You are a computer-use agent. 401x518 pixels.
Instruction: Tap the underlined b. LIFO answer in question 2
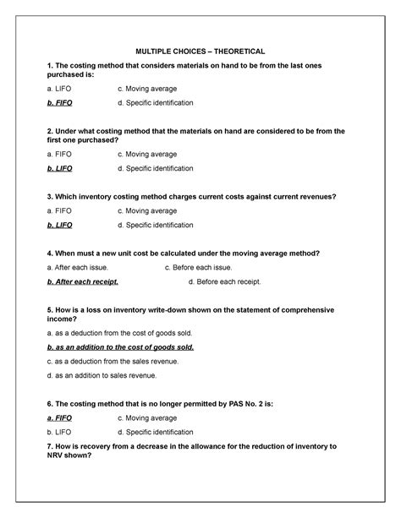coord(60,169)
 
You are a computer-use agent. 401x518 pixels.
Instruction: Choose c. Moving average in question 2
coord(147,155)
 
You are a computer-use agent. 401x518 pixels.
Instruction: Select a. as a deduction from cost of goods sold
coord(113,333)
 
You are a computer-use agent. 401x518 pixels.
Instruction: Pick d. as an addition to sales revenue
coord(102,375)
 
